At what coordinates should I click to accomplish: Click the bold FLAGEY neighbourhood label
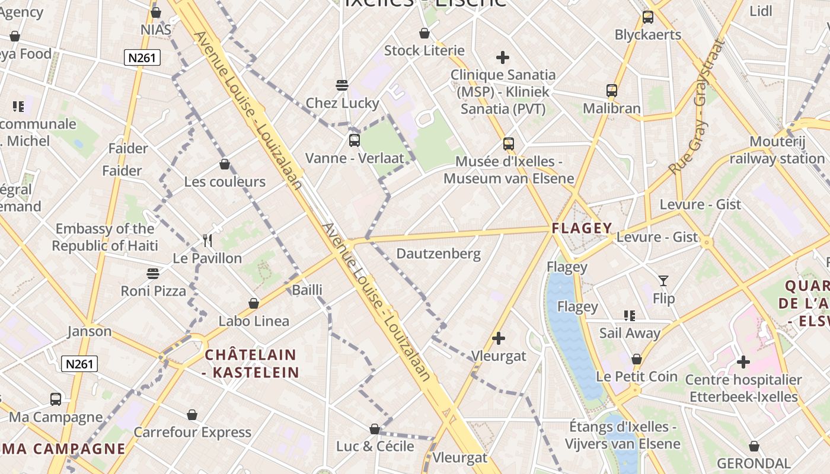tap(582, 228)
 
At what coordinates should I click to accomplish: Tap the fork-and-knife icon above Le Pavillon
tap(207, 241)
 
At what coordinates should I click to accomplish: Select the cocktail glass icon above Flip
tap(663, 280)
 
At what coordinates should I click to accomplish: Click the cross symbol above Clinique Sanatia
tap(503, 57)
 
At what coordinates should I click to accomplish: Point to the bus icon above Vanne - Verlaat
tap(355, 140)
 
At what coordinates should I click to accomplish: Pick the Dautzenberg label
tap(438, 254)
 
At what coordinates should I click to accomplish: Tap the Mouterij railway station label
tap(777, 150)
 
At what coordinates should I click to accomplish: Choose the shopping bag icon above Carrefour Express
tap(192, 414)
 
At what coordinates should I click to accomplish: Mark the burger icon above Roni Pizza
tap(153, 273)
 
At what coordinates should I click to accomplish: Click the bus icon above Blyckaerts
tap(648, 17)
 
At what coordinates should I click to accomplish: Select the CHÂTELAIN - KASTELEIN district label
tap(250, 363)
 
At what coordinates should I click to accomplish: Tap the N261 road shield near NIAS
tap(142, 57)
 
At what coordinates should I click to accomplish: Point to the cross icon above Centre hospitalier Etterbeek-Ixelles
tap(743, 361)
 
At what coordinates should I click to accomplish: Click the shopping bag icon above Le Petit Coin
tap(637, 359)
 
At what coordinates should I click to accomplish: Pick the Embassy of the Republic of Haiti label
tap(105, 237)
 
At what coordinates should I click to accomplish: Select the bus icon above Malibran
tap(612, 91)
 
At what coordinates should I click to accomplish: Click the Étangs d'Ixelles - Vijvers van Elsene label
tap(622, 435)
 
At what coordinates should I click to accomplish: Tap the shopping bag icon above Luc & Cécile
tap(375, 428)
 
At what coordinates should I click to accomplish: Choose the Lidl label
tap(761, 11)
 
